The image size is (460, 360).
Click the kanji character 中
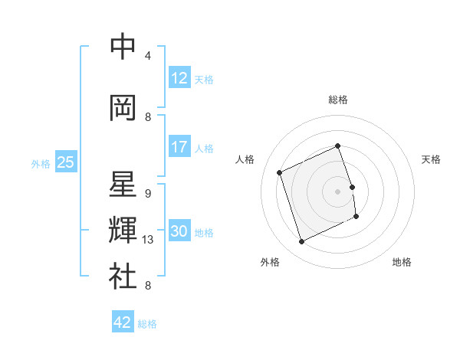tap(123, 47)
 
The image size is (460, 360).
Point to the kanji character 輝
tap(123, 230)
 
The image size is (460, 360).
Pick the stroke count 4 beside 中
tap(148, 56)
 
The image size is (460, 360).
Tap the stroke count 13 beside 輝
tap(148, 240)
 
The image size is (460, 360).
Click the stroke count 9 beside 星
tap(148, 193)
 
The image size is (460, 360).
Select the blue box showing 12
tap(179, 79)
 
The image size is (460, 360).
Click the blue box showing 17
tap(179, 147)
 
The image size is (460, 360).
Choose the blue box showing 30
tap(179, 231)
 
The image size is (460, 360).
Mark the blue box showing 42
tap(123, 322)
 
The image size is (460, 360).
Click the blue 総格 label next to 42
tap(148, 324)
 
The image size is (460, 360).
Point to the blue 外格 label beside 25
tap(41, 163)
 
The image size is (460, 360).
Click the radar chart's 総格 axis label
tap(338, 100)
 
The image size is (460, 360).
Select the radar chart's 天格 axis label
tap(431, 159)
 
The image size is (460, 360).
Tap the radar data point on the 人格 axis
tap(280, 172)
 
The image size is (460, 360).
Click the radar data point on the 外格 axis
tap(301, 242)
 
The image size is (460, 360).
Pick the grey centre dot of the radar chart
tap(338, 191)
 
